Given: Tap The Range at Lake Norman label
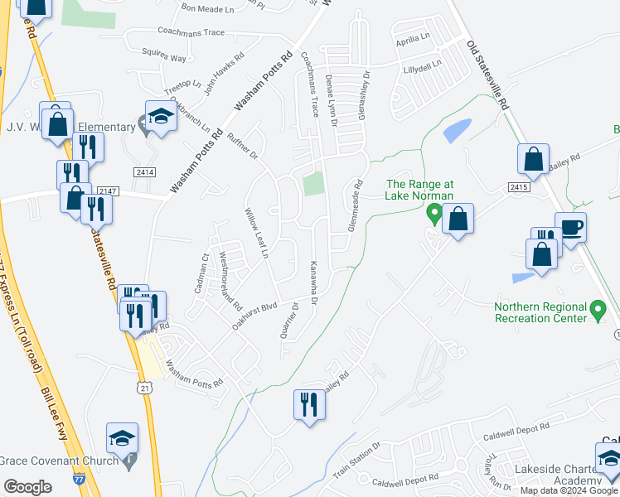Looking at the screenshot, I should pos(419,190).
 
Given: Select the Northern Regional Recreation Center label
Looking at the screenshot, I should pos(540,311).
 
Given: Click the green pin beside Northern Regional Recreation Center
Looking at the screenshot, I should pos(600,311).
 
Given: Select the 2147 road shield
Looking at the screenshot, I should pos(109,191).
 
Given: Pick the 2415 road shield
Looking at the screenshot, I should pos(520,187).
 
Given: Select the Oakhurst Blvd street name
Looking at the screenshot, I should pos(254,316).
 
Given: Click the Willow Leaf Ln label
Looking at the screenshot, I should pos(256,234).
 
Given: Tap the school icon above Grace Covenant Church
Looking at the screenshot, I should pos(122,437).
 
